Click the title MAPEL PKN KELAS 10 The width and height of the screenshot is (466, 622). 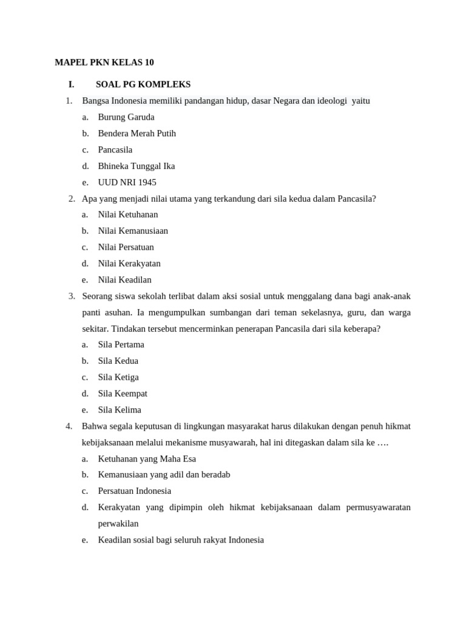(x=109, y=63)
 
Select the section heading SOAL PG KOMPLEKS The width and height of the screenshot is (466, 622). (x=143, y=84)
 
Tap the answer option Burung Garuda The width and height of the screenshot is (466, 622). (x=126, y=117)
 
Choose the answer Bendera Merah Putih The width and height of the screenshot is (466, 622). (x=137, y=134)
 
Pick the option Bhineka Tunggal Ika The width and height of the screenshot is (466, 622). (x=137, y=166)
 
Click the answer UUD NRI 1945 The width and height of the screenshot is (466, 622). (x=127, y=182)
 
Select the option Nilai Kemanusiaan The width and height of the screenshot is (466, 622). (x=133, y=231)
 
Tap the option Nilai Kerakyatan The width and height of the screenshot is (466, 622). (x=129, y=264)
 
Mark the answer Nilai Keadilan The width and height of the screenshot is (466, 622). (x=125, y=280)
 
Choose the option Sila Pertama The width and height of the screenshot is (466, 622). (x=121, y=344)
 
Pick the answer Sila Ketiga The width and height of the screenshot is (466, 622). (x=118, y=377)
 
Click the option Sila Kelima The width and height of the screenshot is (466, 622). (x=120, y=410)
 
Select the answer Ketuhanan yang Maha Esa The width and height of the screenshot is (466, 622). (x=147, y=459)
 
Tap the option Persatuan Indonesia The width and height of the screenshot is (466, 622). (x=135, y=491)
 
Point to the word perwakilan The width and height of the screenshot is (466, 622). (x=118, y=524)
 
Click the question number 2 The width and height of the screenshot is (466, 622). (x=72, y=199)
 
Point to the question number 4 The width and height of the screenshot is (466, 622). (x=69, y=426)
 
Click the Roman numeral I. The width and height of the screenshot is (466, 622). (x=71, y=84)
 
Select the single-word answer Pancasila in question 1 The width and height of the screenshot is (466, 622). (x=115, y=149)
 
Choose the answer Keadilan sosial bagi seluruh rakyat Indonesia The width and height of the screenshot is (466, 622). (x=181, y=539)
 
